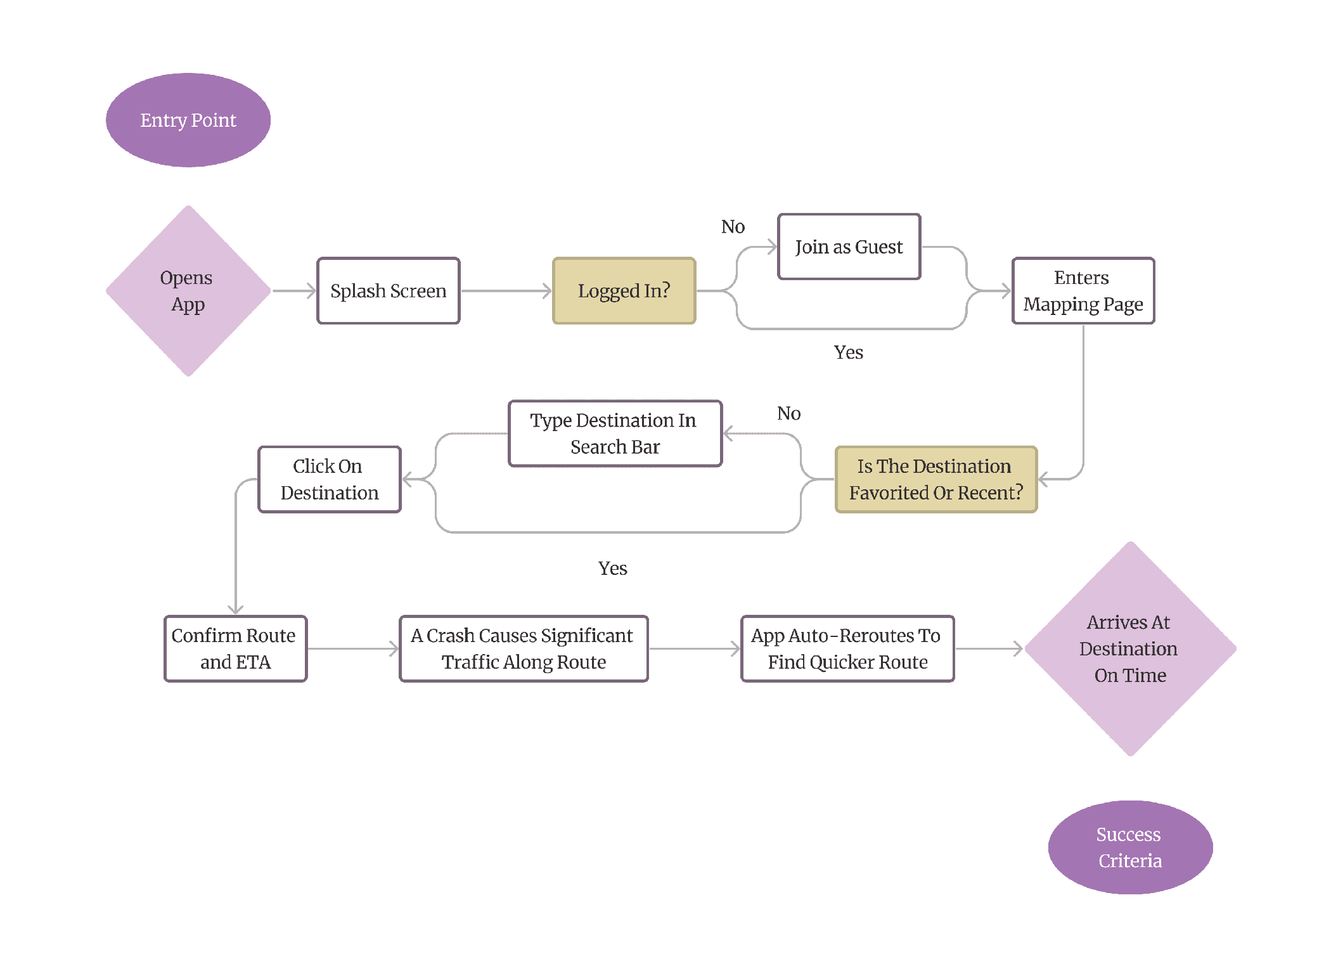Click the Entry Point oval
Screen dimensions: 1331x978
[188, 120]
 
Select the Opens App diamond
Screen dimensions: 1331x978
[188, 291]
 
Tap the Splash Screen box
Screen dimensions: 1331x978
[389, 291]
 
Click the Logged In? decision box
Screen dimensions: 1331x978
[624, 291]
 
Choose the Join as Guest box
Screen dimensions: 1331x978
[849, 247]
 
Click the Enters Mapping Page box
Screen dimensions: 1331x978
[1083, 291]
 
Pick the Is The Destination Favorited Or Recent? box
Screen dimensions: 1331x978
[936, 479]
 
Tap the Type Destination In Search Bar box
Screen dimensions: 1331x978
[615, 434]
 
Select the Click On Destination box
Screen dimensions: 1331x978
[330, 479]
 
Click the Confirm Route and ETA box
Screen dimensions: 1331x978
[235, 648]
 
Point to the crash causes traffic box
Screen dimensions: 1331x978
[524, 648]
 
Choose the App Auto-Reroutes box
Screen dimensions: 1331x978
[847, 648]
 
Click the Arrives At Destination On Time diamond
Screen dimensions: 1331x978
[1130, 648]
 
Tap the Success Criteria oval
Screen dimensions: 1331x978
[1130, 847]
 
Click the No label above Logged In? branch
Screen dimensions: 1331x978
[733, 226]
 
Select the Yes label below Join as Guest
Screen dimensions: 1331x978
[848, 352]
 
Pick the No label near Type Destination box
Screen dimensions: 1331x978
[788, 413]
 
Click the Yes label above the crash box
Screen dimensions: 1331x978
[612, 568]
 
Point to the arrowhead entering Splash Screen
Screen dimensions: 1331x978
[311, 291]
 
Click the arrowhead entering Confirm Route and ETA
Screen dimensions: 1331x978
[236, 610]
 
